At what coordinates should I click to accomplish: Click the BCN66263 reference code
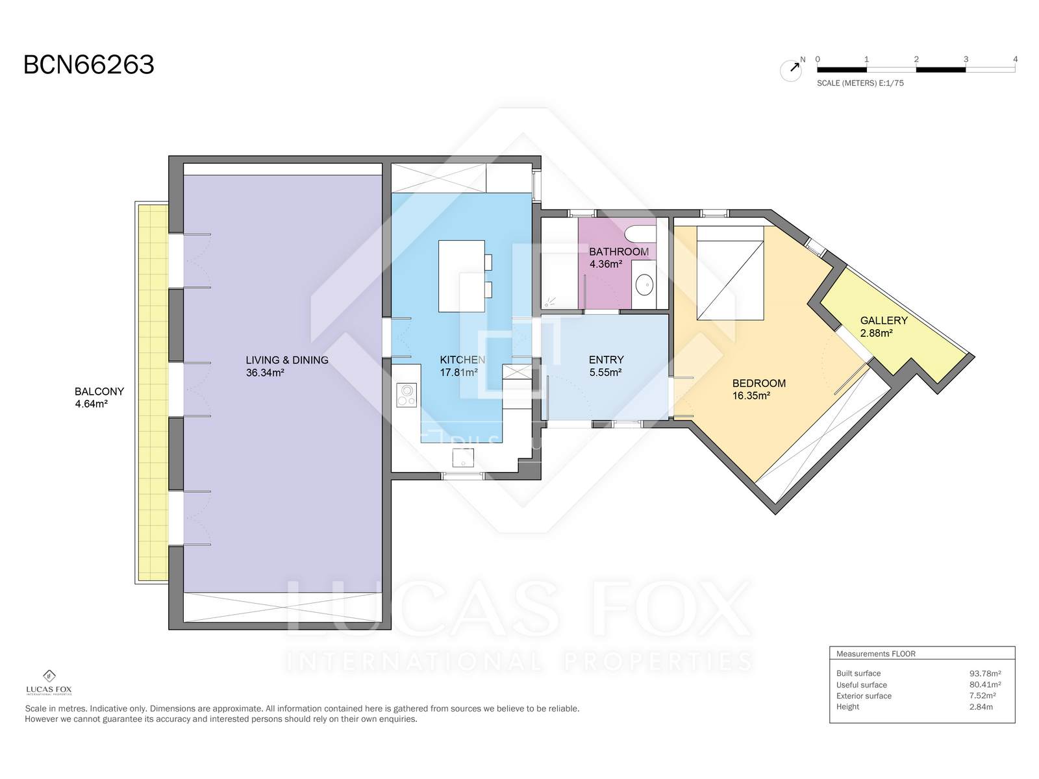(x=88, y=65)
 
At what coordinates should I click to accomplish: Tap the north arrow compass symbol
(x=791, y=69)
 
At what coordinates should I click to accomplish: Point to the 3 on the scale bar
(x=966, y=60)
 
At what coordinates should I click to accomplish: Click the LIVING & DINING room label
(x=287, y=360)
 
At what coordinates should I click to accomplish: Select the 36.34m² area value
(x=264, y=373)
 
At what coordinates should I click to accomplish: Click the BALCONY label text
(x=99, y=391)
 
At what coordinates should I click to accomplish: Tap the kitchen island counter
(x=462, y=277)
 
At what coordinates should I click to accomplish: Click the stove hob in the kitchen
(x=407, y=395)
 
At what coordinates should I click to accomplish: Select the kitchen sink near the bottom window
(x=463, y=458)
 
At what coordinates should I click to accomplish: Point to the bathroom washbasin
(x=644, y=285)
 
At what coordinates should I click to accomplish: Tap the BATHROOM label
(x=619, y=252)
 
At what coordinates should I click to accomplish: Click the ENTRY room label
(x=606, y=360)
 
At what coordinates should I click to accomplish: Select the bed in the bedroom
(x=730, y=273)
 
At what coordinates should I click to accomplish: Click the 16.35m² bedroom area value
(x=751, y=396)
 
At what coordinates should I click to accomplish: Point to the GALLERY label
(x=884, y=321)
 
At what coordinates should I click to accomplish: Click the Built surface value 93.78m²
(x=984, y=674)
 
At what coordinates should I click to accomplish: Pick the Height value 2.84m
(x=981, y=707)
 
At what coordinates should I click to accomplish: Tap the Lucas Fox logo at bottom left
(x=49, y=682)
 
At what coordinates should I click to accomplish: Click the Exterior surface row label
(x=864, y=696)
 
